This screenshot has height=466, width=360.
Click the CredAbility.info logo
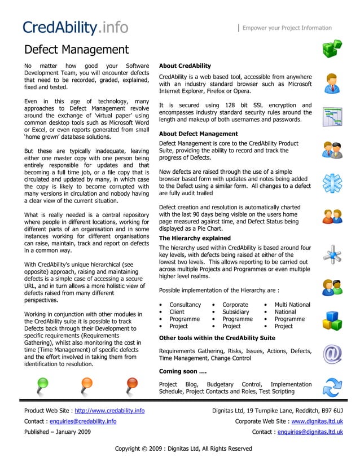coord(75,27)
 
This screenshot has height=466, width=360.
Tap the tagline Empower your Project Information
coord(287,28)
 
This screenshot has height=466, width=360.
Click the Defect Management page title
coord(76,50)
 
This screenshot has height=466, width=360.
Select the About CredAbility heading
coord(185,66)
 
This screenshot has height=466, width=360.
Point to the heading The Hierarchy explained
coord(195,238)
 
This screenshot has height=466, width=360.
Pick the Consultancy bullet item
coord(185,305)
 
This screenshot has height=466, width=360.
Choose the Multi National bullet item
coord(292,305)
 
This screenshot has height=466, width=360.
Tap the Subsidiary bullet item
coord(236,312)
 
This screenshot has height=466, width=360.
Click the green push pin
coord(43,385)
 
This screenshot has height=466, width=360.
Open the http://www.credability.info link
coord(109,410)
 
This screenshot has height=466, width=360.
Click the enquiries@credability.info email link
coord(83,421)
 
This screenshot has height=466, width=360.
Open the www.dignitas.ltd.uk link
coord(317,421)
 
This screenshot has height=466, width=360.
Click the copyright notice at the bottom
coord(183,449)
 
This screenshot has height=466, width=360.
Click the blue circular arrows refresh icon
coord(332,388)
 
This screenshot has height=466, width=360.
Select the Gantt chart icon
coord(332,117)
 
